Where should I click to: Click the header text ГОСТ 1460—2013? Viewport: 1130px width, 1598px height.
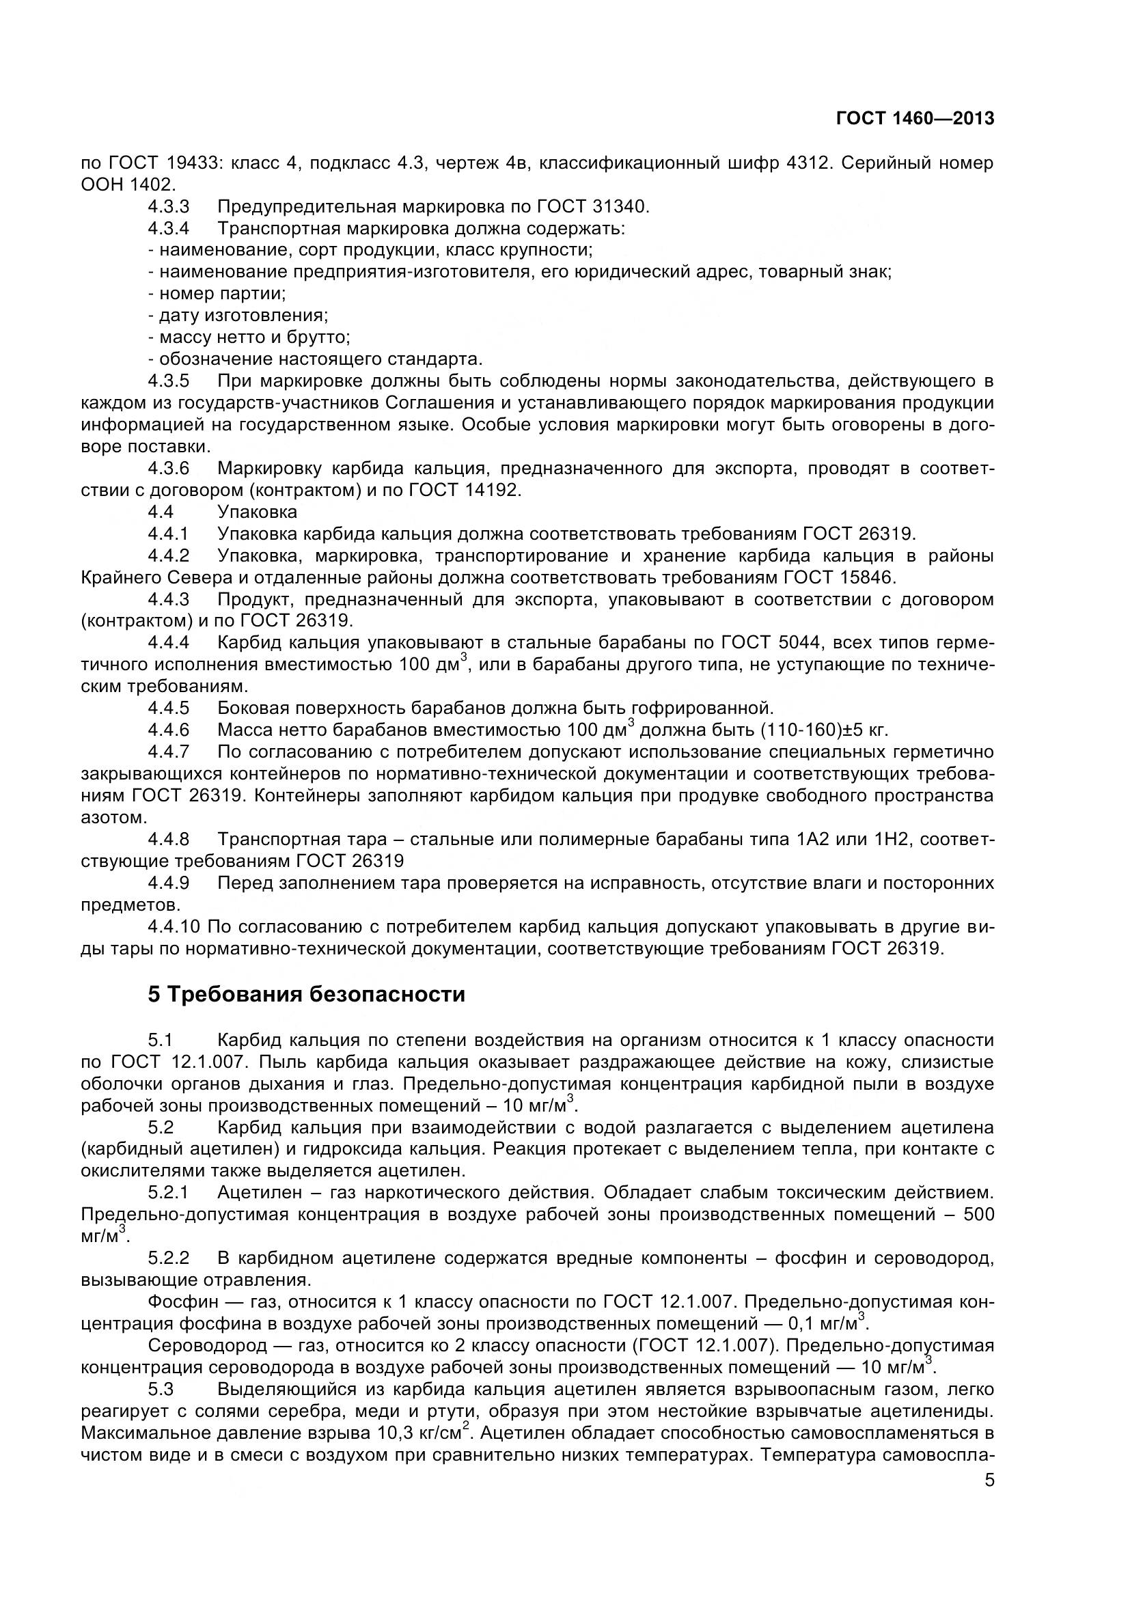(915, 119)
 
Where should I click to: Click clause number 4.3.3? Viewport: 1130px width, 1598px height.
(168, 207)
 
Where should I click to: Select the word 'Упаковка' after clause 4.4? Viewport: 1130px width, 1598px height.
(257, 512)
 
